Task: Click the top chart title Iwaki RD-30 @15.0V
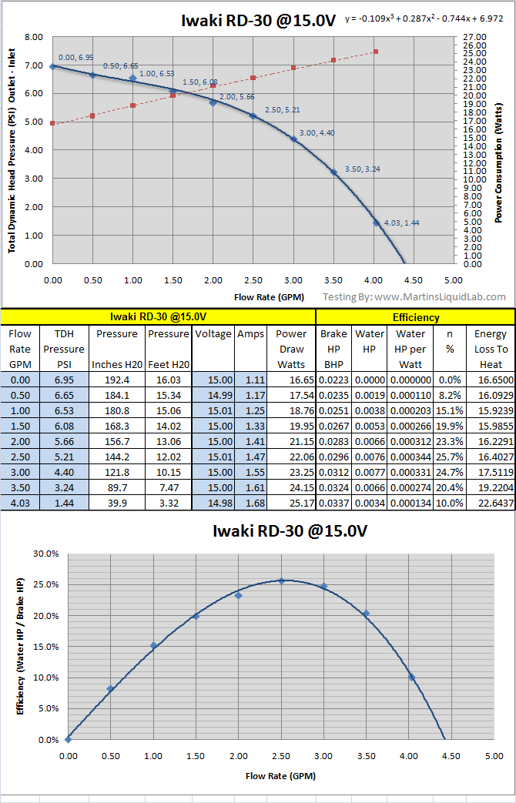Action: click(258, 21)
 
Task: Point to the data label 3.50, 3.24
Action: click(359, 168)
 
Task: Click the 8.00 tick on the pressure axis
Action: click(33, 36)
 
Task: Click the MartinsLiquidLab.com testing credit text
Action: click(414, 296)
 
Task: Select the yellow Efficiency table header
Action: click(415, 316)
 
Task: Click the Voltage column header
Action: click(213, 334)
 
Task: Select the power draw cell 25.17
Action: click(291, 525)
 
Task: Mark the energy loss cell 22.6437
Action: click(491, 525)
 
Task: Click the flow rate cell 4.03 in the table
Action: click(20, 525)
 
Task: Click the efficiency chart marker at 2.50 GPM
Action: click(281, 581)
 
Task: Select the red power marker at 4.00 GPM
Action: click(375, 52)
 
